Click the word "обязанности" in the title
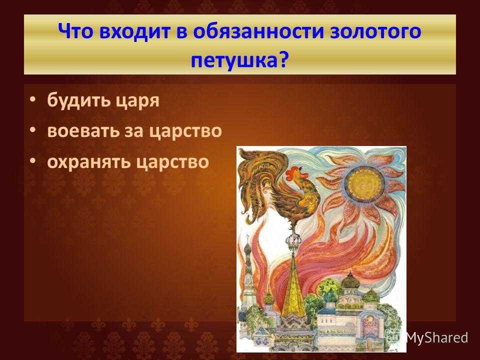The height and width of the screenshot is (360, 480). coord(258,31)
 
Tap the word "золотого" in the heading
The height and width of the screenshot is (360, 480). coord(376,31)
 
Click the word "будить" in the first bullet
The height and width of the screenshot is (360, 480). coord(78,99)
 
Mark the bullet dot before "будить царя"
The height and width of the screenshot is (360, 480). coord(33,100)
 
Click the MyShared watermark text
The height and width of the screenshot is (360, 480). coord(437,337)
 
